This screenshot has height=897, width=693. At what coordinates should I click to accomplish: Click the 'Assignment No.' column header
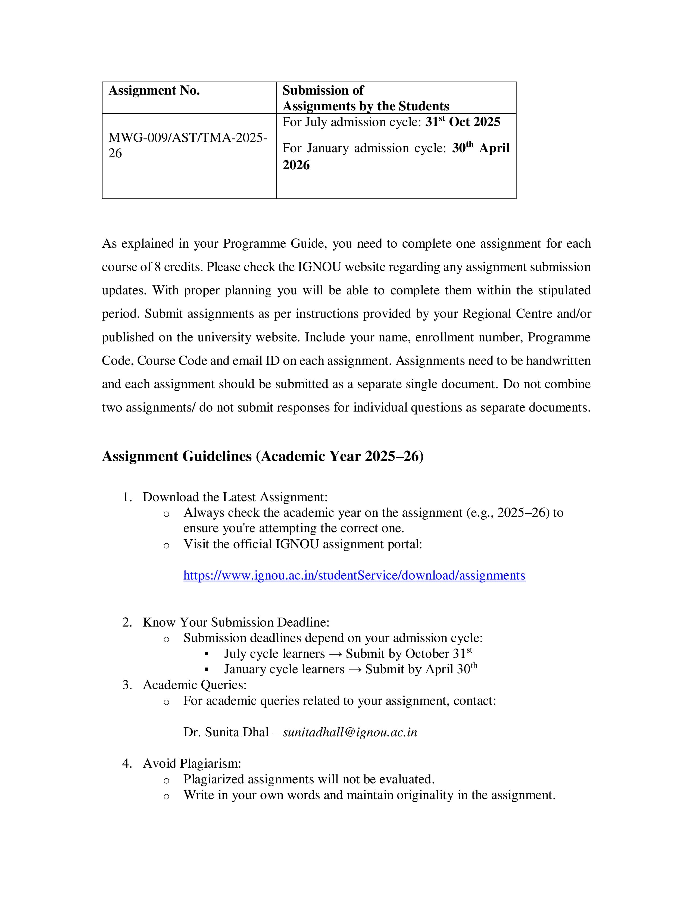coord(154,90)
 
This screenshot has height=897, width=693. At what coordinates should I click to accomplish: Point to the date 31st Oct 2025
coord(462,122)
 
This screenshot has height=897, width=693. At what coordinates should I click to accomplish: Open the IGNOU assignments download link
coord(354,575)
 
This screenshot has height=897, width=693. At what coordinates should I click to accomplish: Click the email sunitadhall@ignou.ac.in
coord(350,732)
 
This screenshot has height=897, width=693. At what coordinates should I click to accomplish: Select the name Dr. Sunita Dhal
coord(226,732)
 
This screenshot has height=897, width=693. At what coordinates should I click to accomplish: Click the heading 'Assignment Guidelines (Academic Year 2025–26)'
coord(263,456)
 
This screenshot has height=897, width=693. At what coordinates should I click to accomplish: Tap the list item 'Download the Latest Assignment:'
coord(235,497)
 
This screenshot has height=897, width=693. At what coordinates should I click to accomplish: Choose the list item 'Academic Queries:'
coord(195,685)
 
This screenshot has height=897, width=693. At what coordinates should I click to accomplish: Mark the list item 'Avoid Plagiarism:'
coord(192,763)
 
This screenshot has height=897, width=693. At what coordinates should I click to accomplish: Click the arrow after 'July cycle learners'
coord(335,654)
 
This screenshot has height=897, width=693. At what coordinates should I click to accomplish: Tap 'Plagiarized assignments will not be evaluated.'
coord(309,779)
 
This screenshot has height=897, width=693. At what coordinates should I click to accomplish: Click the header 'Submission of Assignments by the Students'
coord(365,98)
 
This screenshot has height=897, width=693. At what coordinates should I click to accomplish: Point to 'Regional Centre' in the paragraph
coord(508,314)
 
